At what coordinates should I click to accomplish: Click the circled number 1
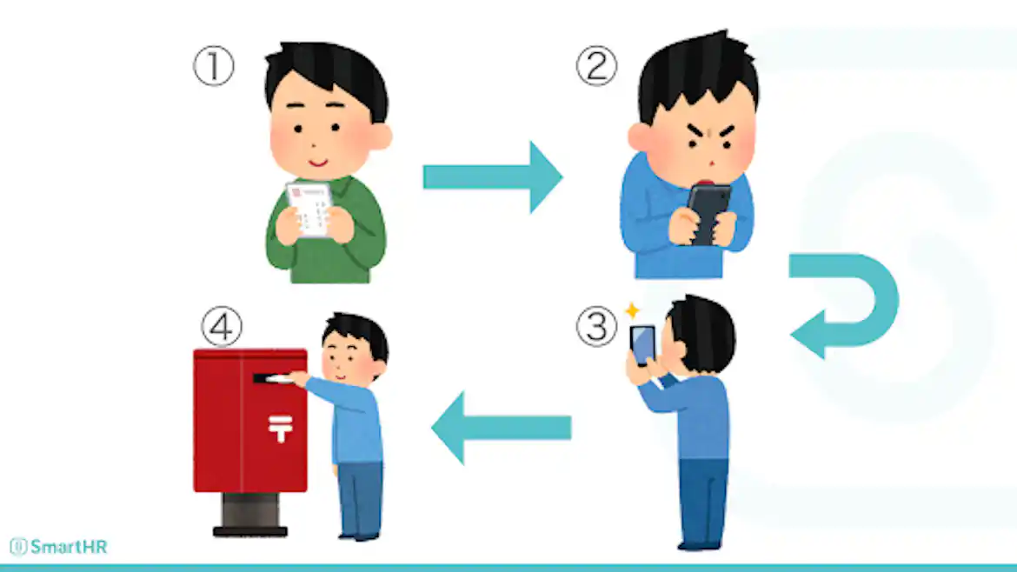(x=213, y=65)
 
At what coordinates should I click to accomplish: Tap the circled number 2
(x=596, y=65)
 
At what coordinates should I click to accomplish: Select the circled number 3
(x=596, y=326)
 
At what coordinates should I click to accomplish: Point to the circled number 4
(x=222, y=326)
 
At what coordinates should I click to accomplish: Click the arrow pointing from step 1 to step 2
(x=492, y=177)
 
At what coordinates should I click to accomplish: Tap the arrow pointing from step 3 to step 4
(x=501, y=428)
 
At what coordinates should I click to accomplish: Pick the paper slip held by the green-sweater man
(x=310, y=209)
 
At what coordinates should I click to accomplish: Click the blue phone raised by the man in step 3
(x=642, y=346)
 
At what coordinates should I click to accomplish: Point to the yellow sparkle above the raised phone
(x=632, y=310)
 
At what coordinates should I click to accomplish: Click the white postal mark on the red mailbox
(x=280, y=428)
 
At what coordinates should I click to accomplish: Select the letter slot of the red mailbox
(x=272, y=378)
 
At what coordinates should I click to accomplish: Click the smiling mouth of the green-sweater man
(x=318, y=162)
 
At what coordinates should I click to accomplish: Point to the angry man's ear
(x=638, y=136)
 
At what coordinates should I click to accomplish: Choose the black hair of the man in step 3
(x=703, y=332)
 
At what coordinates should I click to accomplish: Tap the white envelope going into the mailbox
(x=280, y=378)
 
